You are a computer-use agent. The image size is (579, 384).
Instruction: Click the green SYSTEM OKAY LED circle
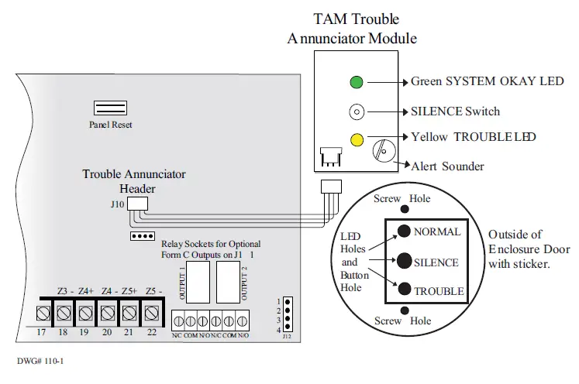click(x=357, y=82)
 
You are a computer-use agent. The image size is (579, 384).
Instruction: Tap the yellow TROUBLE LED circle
click(x=357, y=140)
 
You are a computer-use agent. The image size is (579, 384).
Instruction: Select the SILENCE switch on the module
click(x=357, y=111)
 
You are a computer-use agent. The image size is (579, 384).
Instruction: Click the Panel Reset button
click(x=111, y=108)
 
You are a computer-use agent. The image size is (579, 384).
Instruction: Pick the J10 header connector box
click(x=137, y=202)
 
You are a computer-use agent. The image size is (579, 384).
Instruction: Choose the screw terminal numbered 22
click(x=152, y=314)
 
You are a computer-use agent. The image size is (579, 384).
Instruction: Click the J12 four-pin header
click(x=287, y=314)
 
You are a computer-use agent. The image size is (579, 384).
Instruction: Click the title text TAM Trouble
click(x=357, y=19)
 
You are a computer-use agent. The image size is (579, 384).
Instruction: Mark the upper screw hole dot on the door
click(x=403, y=209)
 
